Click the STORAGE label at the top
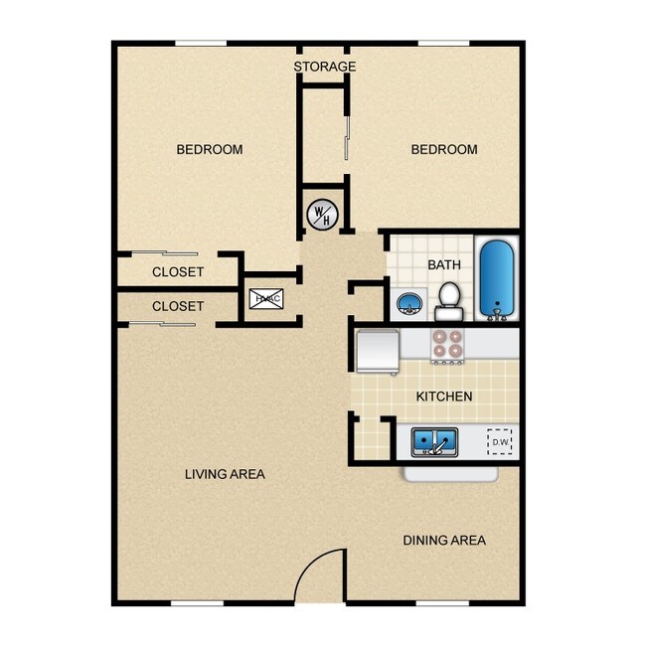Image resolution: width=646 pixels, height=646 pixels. [324, 67]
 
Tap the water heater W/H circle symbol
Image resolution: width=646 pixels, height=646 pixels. [322, 212]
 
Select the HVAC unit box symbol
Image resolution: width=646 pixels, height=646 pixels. [266, 298]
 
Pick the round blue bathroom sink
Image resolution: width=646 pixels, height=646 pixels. [408, 302]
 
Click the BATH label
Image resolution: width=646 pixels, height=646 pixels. [443, 265]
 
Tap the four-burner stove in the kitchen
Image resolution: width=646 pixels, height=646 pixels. [447, 343]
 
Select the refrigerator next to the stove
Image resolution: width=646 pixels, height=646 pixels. [378, 349]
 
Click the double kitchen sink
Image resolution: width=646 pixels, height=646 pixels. [434, 441]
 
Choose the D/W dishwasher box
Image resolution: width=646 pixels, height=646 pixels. [499, 441]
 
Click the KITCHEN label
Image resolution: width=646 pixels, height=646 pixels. [443, 397]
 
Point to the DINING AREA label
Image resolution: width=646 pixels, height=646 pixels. [444, 541]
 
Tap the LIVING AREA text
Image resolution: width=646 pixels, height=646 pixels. [225, 474]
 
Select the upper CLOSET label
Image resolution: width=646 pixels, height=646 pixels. [178, 272]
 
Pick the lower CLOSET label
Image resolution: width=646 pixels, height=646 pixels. [178, 307]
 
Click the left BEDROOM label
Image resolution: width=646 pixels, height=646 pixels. [210, 150]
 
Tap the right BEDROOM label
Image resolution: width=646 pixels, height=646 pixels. [444, 150]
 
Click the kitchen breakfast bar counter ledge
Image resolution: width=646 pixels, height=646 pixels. [450, 473]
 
